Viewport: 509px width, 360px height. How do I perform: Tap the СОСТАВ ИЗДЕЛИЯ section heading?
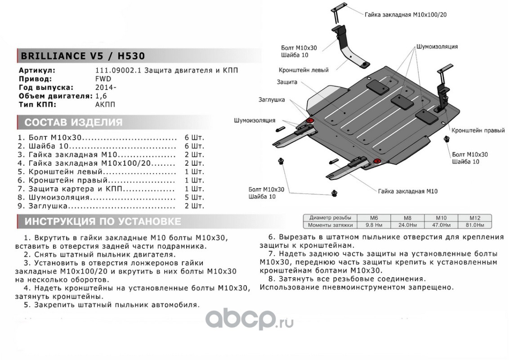pyautogui.click(x=73, y=122)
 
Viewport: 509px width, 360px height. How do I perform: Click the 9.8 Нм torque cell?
pyautogui.click(x=372, y=225)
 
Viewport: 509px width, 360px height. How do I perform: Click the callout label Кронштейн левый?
pyautogui.click(x=303, y=70)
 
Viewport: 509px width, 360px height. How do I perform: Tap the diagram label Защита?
pyautogui.click(x=286, y=82)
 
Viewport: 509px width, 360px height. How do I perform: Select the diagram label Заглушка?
pyautogui.click(x=271, y=100)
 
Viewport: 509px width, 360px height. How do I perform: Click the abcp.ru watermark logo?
pyautogui.click(x=249, y=320)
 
